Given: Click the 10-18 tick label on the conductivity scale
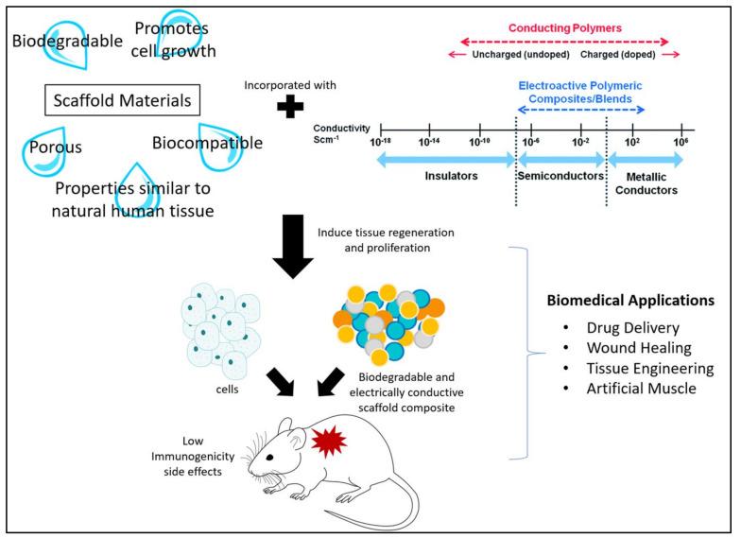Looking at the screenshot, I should (x=382, y=141).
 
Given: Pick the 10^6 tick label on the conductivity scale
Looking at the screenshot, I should (x=679, y=141).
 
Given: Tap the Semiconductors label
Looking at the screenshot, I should (x=561, y=177).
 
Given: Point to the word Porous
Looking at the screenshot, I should (x=55, y=148).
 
